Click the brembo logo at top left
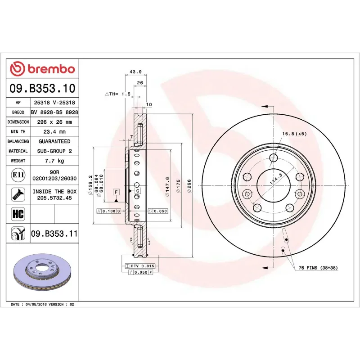pyautogui.click(x=42, y=69)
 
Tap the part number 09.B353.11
pyautogui.click(x=54, y=234)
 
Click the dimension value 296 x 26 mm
pyautogui.click(x=54, y=122)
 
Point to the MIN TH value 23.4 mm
pyautogui.click(x=54, y=132)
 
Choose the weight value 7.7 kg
pyautogui.click(x=54, y=161)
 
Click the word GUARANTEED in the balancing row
pyautogui.click(x=54, y=141)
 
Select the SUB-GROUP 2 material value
pyautogui.click(x=54, y=151)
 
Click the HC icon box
pyautogui.click(x=18, y=213)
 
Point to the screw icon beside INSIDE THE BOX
pyautogui.click(x=18, y=194)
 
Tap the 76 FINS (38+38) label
pyautogui.click(x=318, y=268)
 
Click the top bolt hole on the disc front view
pyautogui.click(x=273, y=157)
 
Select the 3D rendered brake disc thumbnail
pyautogui.click(x=43, y=274)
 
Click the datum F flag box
pyautogui.click(x=116, y=192)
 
